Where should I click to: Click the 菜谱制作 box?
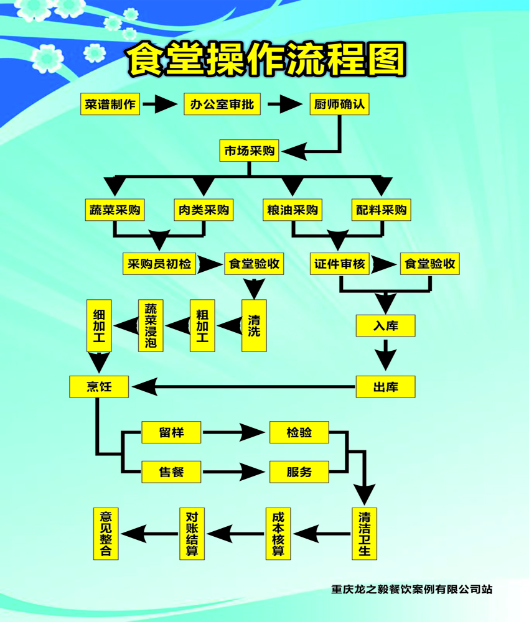(110, 104)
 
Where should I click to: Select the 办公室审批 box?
(223, 104)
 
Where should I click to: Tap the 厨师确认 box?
(340, 104)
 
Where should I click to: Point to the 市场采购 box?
(250, 151)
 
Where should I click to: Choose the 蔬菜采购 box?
(114, 210)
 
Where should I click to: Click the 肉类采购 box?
(203, 210)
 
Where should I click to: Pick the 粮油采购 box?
(293, 210)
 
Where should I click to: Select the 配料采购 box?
(382, 210)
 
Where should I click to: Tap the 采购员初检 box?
(159, 264)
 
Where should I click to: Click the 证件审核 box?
(340, 264)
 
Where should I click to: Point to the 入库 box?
(385, 325)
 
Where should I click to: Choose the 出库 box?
(385, 387)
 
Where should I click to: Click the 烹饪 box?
(99, 386)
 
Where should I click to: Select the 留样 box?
(171, 432)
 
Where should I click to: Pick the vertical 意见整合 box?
(106, 533)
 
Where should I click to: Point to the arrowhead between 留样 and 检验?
(256, 432)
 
